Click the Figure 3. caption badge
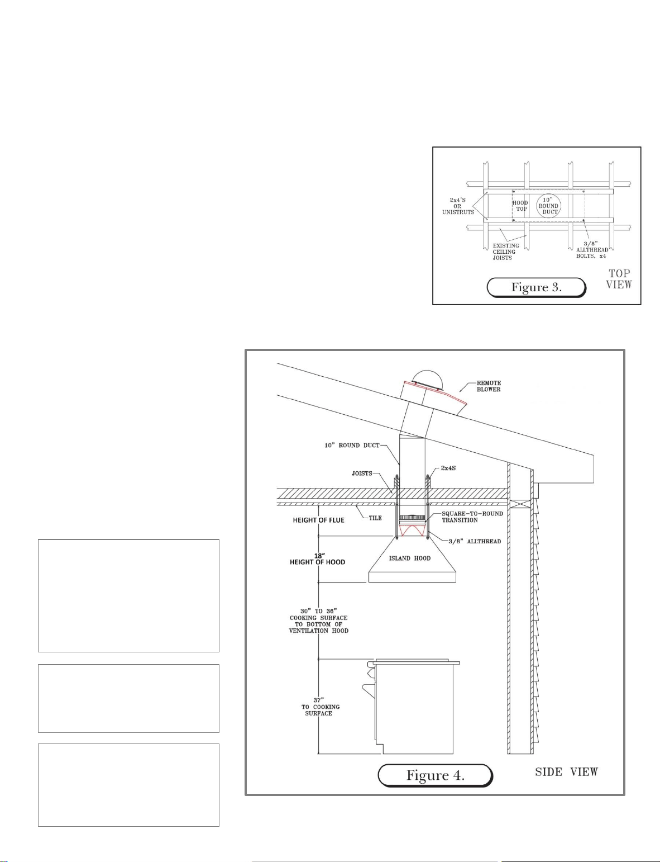point(536,287)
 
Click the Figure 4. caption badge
point(436,775)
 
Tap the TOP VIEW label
point(619,280)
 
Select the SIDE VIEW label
point(566,772)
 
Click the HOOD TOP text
point(520,206)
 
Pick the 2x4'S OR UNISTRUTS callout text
point(458,206)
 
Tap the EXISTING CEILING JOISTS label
point(505,252)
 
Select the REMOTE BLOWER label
point(489,386)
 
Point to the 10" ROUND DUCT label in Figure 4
point(352,445)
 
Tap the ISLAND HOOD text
point(410,558)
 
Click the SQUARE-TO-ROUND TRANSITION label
point(472,517)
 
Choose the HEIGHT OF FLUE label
point(318,520)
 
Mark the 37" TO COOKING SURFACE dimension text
point(319,707)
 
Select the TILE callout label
point(375,518)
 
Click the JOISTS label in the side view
point(362,473)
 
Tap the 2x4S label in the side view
point(448,468)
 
